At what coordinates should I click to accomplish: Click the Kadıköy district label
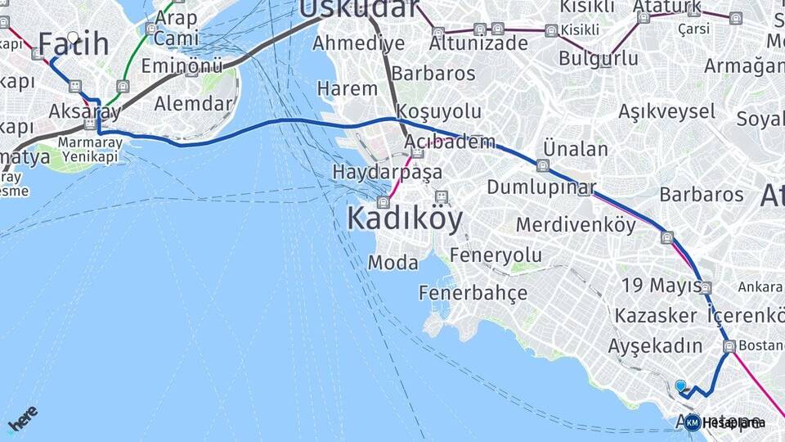405,219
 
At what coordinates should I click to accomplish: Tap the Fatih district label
74,44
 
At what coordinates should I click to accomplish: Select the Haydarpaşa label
387,173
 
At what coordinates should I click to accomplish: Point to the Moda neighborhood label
392,263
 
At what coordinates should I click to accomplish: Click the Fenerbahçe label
473,293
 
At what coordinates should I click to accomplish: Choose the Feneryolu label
496,255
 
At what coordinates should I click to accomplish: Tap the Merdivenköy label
576,224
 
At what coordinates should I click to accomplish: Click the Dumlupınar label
541,187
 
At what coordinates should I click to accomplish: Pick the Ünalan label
576,149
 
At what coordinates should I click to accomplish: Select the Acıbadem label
450,142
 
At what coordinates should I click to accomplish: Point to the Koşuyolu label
438,110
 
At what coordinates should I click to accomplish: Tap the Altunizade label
478,43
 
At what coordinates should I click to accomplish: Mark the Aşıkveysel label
666,110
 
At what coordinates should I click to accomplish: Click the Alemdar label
193,103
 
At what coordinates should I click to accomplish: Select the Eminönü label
182,65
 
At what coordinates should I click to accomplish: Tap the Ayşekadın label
655,345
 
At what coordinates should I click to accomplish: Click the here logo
23,418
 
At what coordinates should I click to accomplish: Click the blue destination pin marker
680,386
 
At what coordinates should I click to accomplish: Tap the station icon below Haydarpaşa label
383,202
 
